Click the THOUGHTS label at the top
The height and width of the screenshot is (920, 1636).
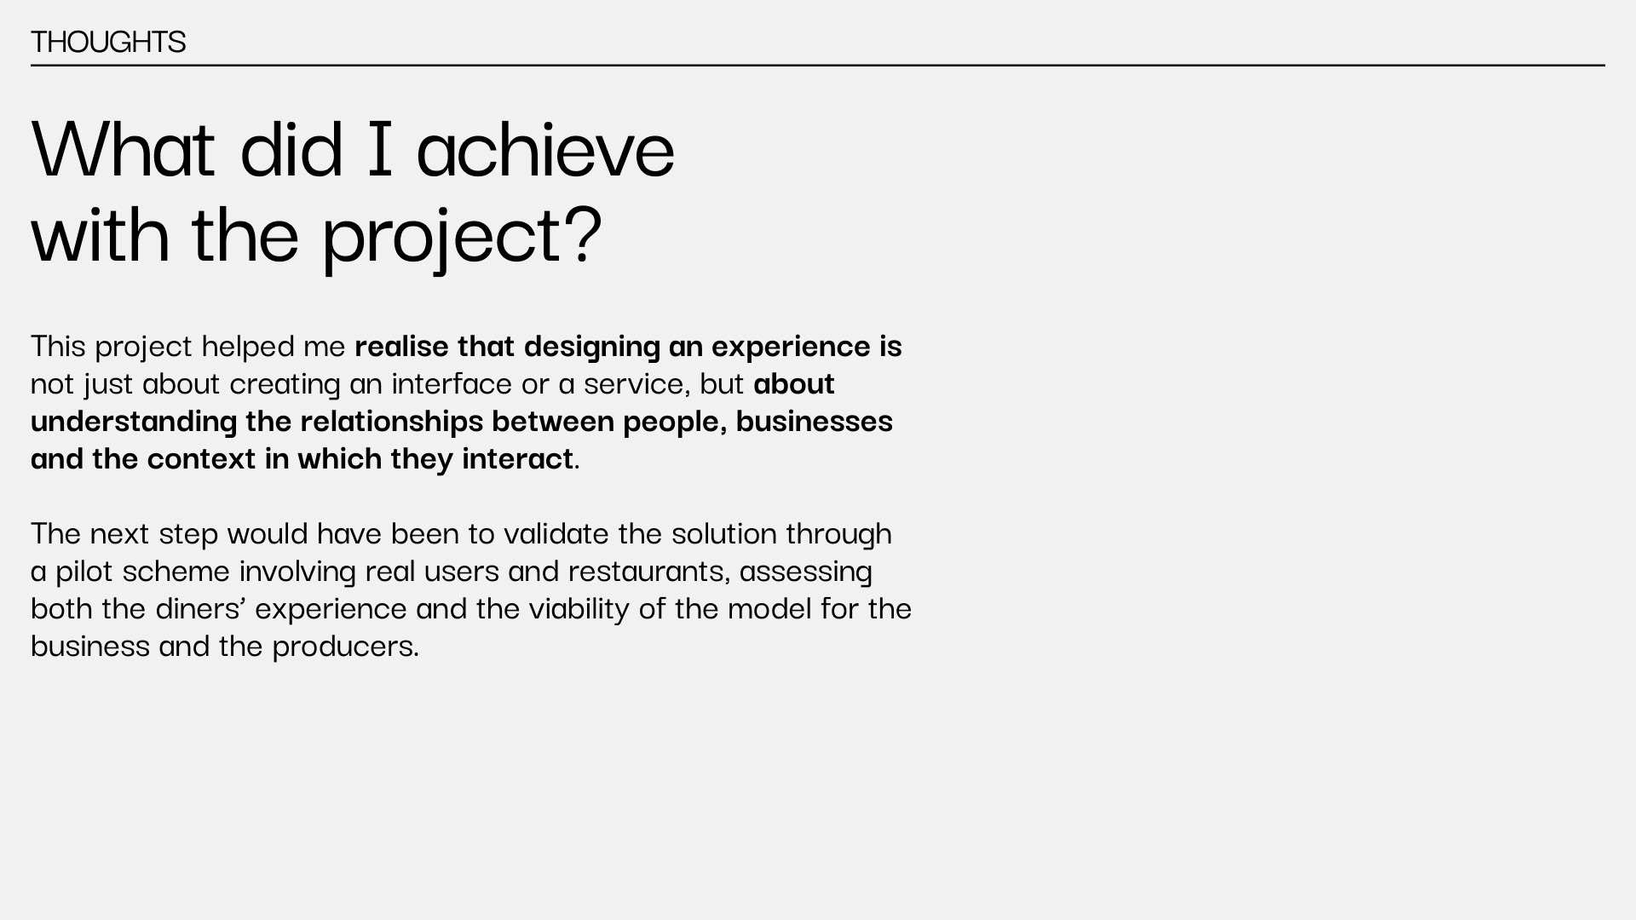pos(108,42)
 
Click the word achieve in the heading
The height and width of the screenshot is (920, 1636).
pos(545,149)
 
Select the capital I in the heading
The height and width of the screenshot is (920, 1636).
pos(380,149)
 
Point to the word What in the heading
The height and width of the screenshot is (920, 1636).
pos(123,149)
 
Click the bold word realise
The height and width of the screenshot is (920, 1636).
pos(401,346)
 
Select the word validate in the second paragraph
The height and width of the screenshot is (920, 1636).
pos(556,533)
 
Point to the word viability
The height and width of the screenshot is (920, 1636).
pos(579,608)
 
